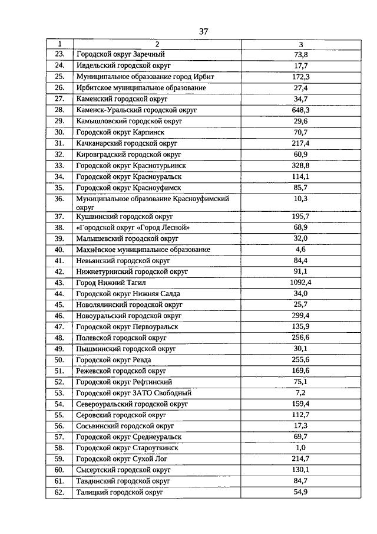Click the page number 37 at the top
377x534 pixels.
(x=204, y=31)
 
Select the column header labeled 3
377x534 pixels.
(x=301, y=44)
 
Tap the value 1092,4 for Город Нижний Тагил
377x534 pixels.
(x=301, y=283)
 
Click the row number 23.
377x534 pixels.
(x=59, y=55)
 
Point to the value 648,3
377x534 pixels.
(x=301, y=110)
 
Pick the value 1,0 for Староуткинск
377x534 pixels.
(x=301, y=448)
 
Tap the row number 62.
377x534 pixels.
(x=59, y=492)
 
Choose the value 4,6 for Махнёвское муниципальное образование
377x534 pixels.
(x=301, y=250)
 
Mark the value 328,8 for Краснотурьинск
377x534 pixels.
(x=301, y=165)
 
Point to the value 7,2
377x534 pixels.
(x=301, y=393)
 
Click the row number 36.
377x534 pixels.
(x=59, y=199)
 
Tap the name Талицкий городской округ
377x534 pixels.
(x=120, y=492)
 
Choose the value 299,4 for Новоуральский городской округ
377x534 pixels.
(x=301, y=316)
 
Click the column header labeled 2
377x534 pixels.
(x=157, y=44)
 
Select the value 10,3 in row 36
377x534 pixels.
(x=301, y=199)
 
